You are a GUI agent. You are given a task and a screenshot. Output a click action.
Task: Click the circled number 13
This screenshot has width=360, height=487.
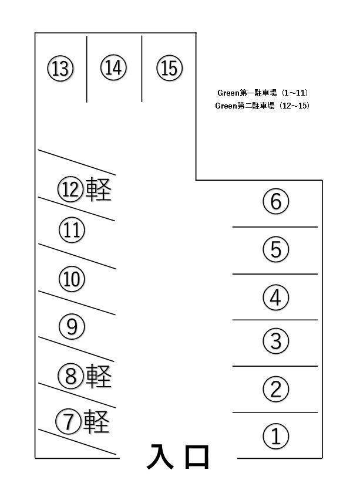tap(60, 68)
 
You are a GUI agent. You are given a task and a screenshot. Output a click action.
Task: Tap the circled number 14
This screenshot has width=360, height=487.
tap(113, 67)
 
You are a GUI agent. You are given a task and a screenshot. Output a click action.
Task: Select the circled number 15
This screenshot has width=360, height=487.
tap(169, 67)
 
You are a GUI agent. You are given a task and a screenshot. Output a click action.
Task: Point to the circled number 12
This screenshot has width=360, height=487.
tap(71, 189)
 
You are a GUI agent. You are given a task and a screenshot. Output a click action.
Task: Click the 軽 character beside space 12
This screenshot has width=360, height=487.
tap(99, 189)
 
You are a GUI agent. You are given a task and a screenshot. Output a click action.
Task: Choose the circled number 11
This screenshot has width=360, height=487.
tap(72, 230)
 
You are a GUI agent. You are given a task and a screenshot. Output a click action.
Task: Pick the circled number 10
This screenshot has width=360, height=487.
tap(72, 279)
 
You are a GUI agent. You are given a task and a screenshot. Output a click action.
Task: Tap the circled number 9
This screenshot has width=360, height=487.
tap(72, 326)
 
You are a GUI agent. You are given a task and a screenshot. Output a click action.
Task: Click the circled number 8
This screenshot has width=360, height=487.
tap(71, 375)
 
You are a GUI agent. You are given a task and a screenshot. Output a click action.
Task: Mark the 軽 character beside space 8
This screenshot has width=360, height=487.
tap(99, 376)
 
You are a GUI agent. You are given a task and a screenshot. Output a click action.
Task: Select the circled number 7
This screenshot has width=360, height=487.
tap(69, 421)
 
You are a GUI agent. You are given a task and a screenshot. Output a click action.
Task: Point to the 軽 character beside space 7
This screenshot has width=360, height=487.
tap(96, 421)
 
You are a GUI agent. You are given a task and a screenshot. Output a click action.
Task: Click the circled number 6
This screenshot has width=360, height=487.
tap(276, 201)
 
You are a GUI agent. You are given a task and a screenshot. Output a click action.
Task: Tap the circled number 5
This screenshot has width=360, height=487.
tap(276, 249)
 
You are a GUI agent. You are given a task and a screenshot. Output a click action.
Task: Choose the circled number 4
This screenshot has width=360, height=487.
tap(276, 297)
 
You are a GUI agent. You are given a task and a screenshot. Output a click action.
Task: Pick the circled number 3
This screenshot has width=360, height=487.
tap(276, 341)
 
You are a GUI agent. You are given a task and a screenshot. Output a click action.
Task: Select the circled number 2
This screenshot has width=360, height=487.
tap(276, 389)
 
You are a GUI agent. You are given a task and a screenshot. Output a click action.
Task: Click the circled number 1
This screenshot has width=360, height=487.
tap(276, 436)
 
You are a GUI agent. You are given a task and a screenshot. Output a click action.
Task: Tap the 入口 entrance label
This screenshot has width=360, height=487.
tap(178, 456)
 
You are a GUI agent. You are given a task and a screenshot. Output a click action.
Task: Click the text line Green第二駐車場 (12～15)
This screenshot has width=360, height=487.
tap(263, 106)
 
